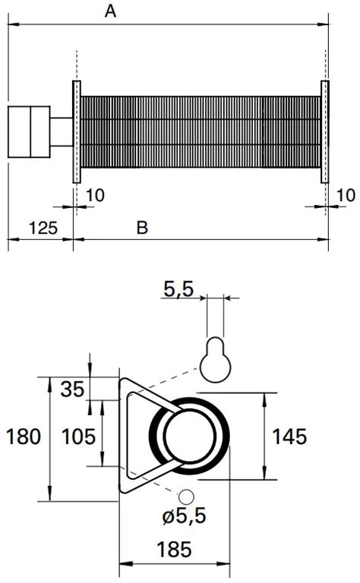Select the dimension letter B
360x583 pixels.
coord(142,227)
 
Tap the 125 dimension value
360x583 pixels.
coord(43,227)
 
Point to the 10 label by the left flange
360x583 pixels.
coord(95,196)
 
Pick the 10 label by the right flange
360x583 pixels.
coord(345,196)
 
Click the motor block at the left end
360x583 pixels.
coord(28,131)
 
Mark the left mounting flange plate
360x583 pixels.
coord(76,131)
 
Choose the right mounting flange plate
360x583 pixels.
coord(325,131)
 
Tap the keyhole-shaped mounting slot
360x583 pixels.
coord(214,356)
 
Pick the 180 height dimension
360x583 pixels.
coord(23,437)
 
